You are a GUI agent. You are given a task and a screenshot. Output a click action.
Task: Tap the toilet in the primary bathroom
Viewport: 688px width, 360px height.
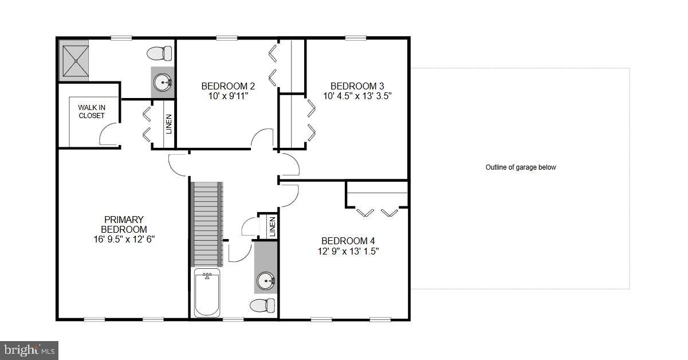(x=159, y=54)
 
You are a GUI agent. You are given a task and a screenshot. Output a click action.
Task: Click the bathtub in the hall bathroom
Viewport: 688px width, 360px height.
(x=207, y=293)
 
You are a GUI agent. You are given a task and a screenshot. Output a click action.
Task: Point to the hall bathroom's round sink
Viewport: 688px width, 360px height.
(x=266, y=281)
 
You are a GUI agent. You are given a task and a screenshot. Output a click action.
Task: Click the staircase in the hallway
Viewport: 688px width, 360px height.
(x=207, y=224)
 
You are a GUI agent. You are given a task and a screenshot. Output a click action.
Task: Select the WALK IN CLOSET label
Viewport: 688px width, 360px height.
(x=92, y=111)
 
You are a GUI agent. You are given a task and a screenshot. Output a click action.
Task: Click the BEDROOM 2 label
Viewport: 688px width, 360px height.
(x=228, y=86)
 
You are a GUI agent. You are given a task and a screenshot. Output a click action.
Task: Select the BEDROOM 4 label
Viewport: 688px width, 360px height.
(x=348, y=241)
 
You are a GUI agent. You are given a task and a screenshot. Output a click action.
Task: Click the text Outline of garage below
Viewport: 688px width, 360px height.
(x=521, y=167)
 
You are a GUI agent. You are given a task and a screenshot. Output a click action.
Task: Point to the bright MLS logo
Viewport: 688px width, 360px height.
(x=29, y=349)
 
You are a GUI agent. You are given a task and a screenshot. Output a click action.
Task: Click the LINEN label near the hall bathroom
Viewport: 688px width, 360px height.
(x=272, y=226)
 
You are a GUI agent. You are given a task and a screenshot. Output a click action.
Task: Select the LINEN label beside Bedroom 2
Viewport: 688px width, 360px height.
(x=169, y=124)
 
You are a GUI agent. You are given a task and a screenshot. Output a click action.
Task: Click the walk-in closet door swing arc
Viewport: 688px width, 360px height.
(x=107, y=136)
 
